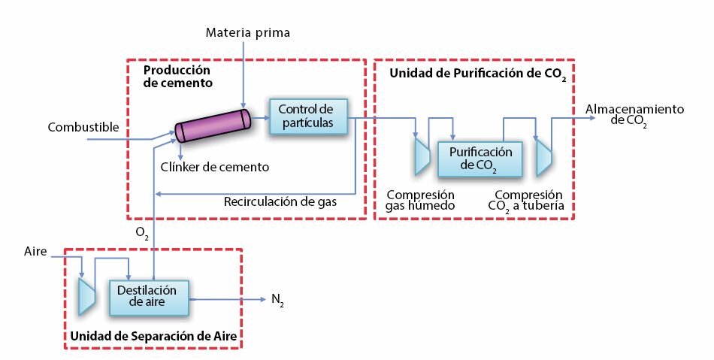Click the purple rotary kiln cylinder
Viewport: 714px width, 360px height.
(213, 125)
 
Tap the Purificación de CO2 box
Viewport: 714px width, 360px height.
(480, 159)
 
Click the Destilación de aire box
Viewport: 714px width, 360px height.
(150, 297)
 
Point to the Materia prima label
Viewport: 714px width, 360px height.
(247, 32)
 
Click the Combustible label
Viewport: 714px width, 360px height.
(83, 127)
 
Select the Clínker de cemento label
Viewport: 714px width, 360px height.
(215, 167)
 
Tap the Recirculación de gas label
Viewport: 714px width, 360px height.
(280, 201)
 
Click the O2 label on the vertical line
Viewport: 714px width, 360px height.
(142, 234)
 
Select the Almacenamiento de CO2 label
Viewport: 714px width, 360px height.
(634, 115)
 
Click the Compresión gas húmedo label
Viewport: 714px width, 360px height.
(420, 200)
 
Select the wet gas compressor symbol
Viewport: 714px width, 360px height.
(422, 154)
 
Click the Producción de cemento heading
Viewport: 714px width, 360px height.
(178, 77)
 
